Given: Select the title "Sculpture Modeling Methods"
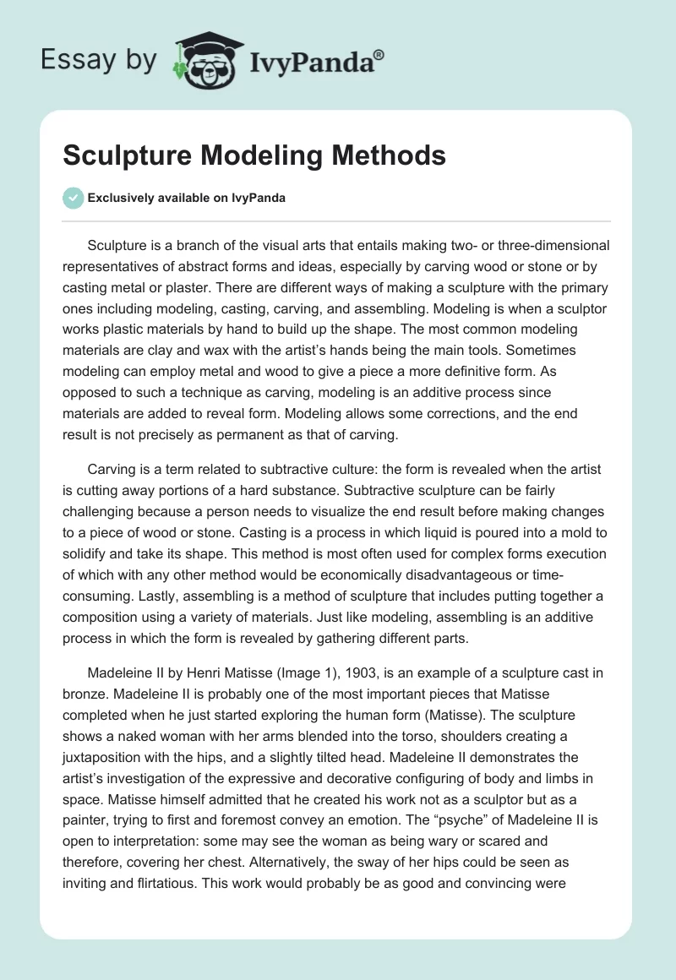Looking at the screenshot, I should [254, 155].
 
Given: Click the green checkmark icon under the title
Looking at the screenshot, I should [73, 198].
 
